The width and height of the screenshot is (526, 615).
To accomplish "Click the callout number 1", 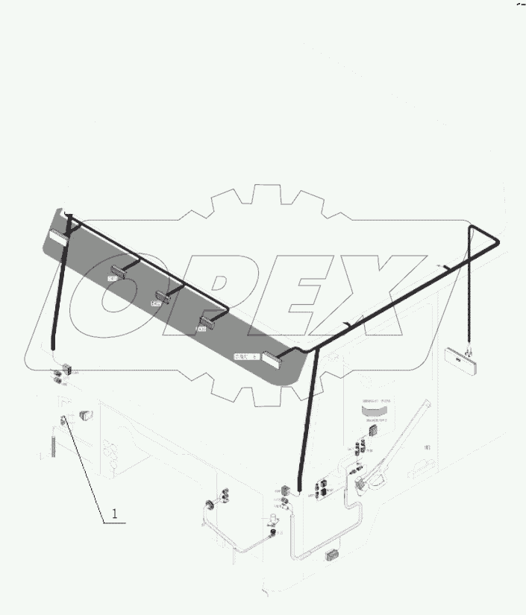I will tap(114, 513).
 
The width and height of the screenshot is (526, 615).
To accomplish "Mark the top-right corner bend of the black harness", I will tap(498, 242).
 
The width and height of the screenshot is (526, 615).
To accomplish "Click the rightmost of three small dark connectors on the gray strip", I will tap(206, 322).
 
